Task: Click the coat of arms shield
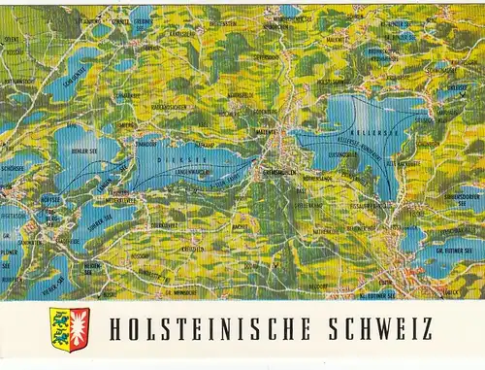[69, 329]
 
